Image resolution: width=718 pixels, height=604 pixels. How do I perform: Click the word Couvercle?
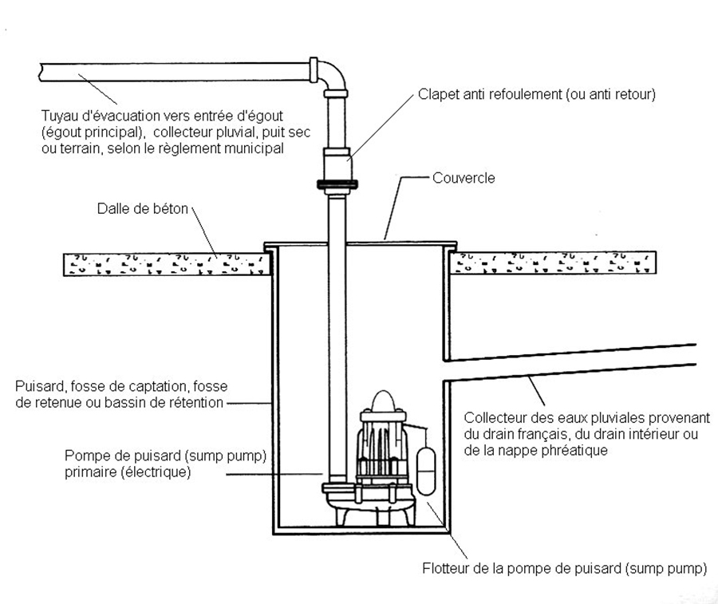tap(464, 178)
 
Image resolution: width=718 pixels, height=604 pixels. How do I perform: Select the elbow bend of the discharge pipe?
tap(333, 75)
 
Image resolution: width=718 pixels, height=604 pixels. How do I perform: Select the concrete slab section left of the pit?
tap(164, 262)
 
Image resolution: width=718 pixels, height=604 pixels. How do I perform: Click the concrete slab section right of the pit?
tap(554, 262)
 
